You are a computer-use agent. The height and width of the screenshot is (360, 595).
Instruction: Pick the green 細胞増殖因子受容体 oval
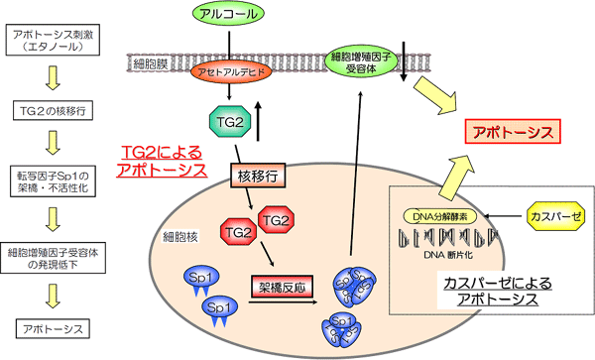pos(361,61)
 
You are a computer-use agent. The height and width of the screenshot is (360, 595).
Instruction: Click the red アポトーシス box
pos(513,132)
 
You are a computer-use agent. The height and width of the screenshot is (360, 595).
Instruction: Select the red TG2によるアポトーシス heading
pos(161,160)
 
